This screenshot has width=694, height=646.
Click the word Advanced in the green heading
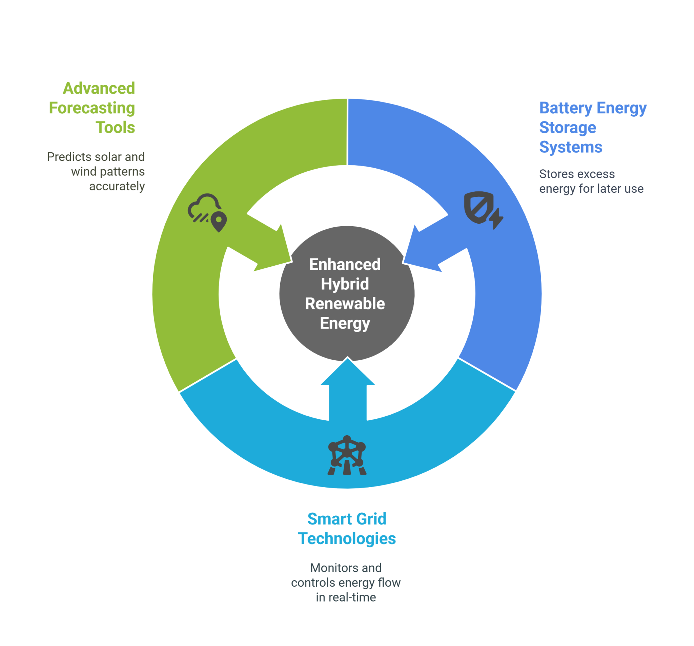tap(99, 89)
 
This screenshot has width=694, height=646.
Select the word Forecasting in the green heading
tap(92, 108)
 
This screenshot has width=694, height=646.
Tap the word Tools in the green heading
tap(115, 128)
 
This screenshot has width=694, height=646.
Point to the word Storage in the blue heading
tap(567, 128)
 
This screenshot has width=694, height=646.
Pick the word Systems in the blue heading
tap(570, 147)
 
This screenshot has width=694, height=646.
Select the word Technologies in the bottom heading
tap(347, 539)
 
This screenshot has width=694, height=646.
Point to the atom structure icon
tap(347, 455)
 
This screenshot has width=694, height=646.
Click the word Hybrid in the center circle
tap(345, 284)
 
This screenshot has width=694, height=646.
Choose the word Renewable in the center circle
tap(345, 304)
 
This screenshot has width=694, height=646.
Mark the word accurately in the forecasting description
tap(117, 186)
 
